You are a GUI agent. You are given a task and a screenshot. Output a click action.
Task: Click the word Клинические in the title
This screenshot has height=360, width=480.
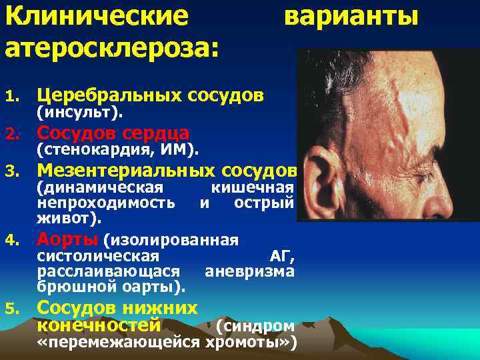tap(97, 17)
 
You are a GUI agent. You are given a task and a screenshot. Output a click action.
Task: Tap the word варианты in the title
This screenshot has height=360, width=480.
tap(351, 17)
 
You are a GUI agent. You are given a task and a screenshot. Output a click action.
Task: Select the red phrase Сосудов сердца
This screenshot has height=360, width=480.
tap(113, 133)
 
